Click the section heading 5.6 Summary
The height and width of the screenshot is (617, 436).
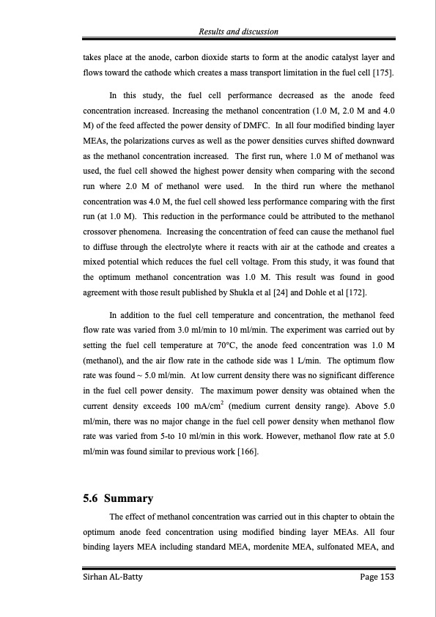pyautogui.click(x=118, y=499)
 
